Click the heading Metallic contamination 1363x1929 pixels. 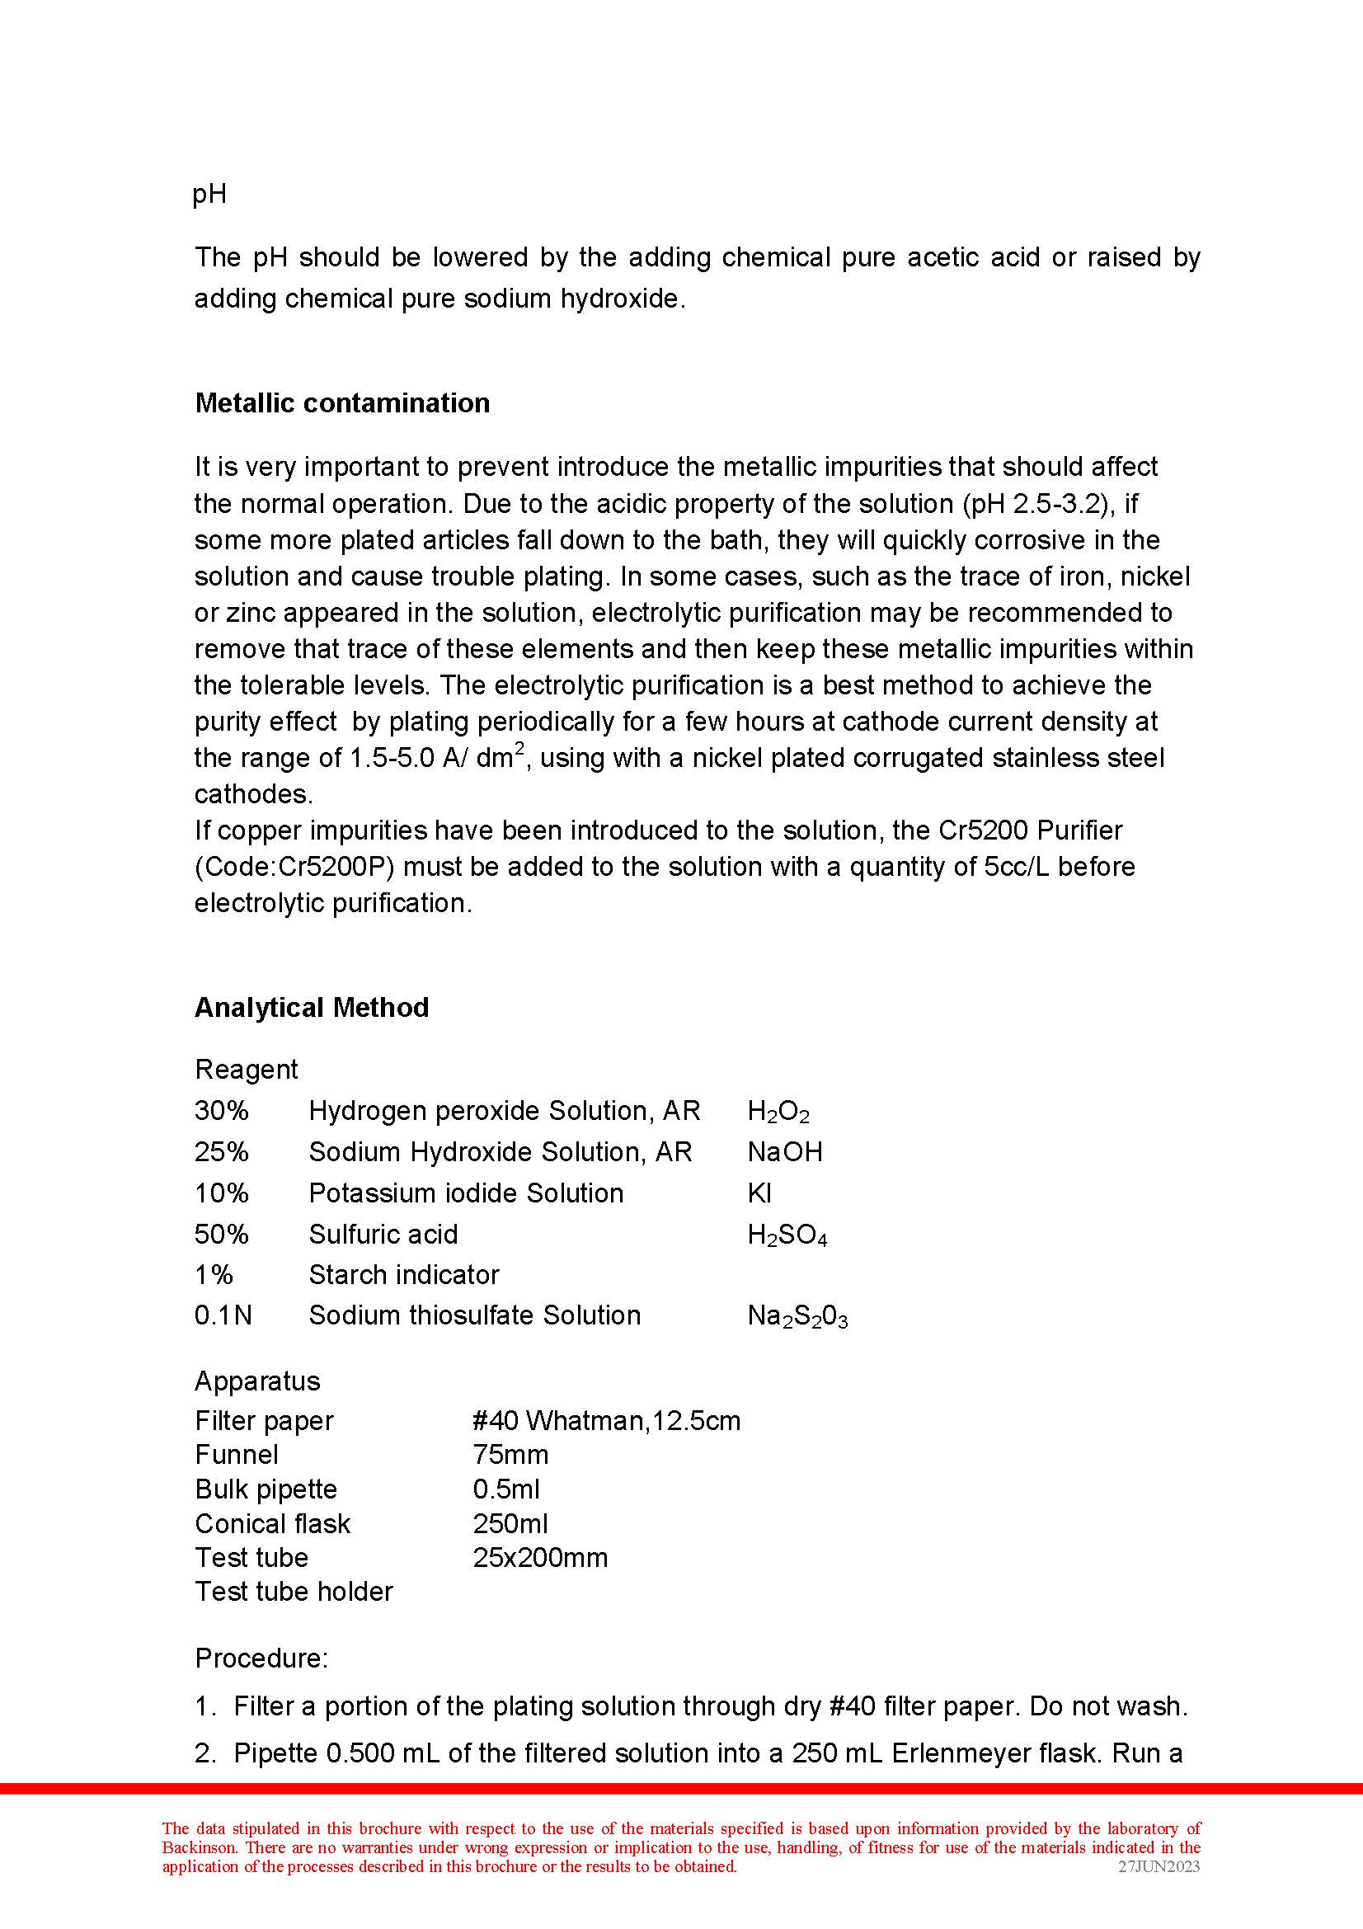(x=342, y=403)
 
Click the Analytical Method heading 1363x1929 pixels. (x=312, y=1007)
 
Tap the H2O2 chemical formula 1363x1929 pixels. (x=778, y=1112)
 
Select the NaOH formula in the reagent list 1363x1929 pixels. (x=784, y=1152)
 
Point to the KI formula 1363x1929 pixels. (x=759, y=1193)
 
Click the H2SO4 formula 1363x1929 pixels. (x=787, y=1235)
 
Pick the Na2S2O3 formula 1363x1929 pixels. (x=797, y=1315)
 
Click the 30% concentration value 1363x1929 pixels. (x=222, y=1111)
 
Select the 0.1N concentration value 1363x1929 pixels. (x=223, y=1315)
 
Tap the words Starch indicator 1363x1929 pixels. (x=403, y=1274)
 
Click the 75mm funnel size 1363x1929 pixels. (x=510, y=1454)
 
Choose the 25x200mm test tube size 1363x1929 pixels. (x=540, y=1558)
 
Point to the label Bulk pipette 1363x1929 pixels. (x=266, y=1489)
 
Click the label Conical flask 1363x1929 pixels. (x=272, y=1523)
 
